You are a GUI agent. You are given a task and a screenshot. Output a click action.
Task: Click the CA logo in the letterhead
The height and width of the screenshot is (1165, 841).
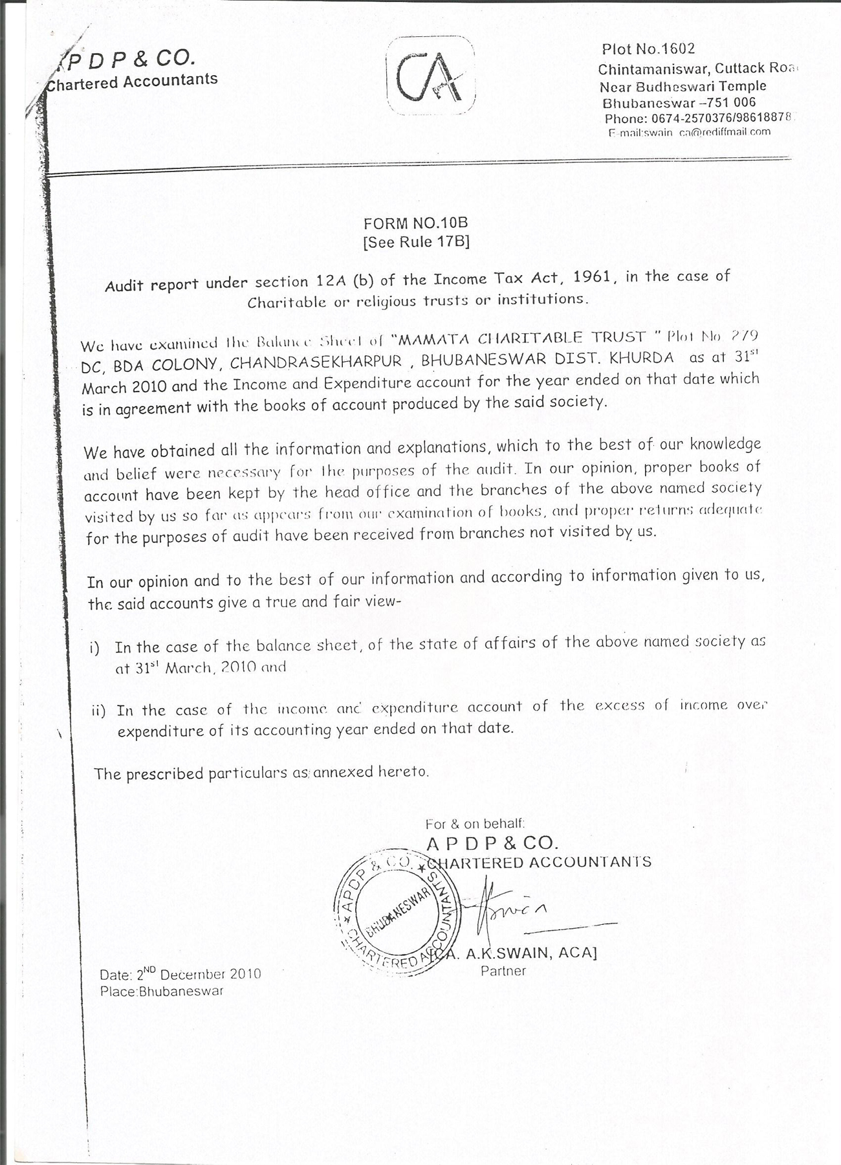coord(430,77)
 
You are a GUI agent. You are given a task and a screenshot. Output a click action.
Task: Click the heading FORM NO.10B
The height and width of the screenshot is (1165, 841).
coord(415,223)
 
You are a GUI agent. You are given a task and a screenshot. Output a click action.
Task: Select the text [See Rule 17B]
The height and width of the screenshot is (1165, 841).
coord(416,242)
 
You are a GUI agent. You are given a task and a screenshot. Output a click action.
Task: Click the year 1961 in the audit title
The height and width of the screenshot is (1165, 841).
coord(592,278)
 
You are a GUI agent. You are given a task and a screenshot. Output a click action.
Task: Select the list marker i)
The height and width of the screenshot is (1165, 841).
coord(95,649)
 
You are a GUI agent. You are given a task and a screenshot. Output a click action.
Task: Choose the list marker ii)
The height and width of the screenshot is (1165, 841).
coord(98,711)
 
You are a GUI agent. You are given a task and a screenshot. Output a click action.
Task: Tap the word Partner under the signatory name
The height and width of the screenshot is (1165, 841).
coord(503,971)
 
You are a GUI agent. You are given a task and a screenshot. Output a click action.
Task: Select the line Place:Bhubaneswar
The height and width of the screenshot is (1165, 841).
coord(162,991)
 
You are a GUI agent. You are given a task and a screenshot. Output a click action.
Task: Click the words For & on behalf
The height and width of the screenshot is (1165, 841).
coord(475,824)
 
